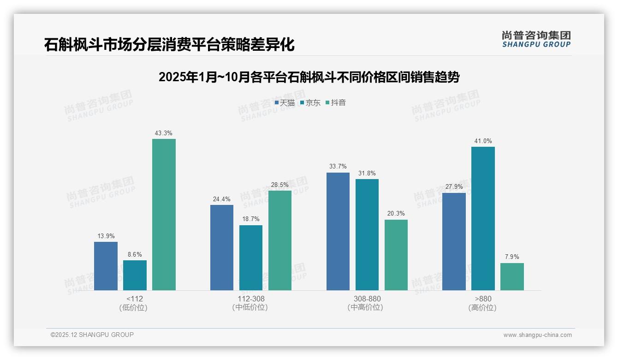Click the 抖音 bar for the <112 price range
click(164, 215)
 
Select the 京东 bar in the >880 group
click(483, 218)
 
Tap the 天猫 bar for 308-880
click(338, 231)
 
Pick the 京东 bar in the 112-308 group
click(251, 258)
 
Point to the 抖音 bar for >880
click(512, 276)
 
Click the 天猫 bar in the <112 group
click(106, 266)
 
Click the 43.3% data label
click(164, 133)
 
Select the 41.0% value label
click(483, 141)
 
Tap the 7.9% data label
click(512, 257)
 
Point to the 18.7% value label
click(251, 219)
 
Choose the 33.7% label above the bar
click(338, 167)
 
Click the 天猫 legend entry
click(285, 103)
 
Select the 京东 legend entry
click(310, 103)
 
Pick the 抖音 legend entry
click(336, 103)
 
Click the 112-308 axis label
click(251, 299)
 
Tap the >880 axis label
click(483, 299)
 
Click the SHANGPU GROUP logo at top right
click(536, 39)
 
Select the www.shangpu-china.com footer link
click(537, 335)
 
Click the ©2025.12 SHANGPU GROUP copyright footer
click(92, 335)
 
